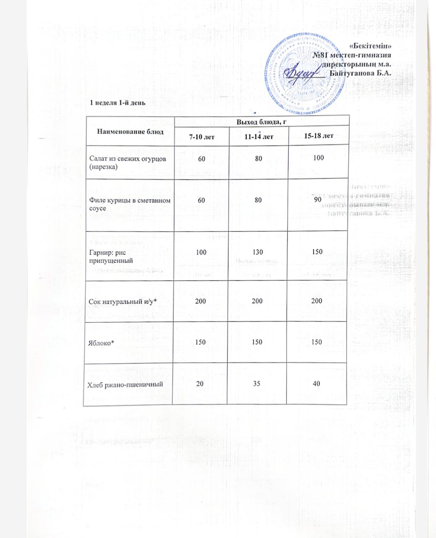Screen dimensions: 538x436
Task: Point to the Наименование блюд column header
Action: pos(130,131)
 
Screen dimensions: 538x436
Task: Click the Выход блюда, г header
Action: pos(261,122)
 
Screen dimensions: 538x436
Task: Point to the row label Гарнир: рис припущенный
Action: pos(108,256)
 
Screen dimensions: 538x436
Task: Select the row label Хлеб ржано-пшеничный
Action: pos(125,384)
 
